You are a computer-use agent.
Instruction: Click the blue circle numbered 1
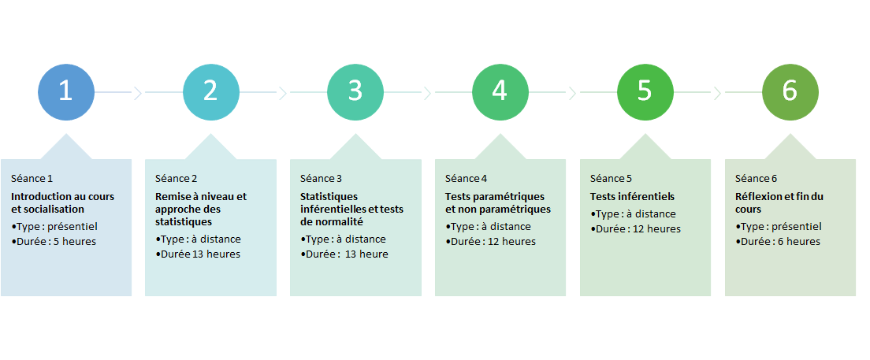pos(65,91)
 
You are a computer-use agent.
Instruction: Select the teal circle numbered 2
pos(211,91)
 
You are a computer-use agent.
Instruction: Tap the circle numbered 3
pos(355,91)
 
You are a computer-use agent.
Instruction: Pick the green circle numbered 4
pos(500,91)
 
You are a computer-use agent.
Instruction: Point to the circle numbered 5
pos(645,91)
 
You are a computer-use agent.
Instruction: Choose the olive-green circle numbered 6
pos(790,91)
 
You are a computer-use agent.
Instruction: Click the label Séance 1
pos(32,179)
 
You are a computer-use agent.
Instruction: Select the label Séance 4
pos(466,179)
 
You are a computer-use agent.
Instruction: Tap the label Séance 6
pos(757,179)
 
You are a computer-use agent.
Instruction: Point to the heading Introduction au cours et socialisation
pos(63,203)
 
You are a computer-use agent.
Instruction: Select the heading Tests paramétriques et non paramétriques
pos(498,203)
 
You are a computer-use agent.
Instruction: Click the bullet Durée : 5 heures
pos(54,242)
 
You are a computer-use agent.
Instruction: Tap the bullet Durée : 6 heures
pos(778,242)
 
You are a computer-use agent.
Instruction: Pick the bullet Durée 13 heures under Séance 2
pos(198,254)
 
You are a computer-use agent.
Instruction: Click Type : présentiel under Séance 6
pos(779,226)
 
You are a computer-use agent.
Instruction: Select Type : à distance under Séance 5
pos(633,214)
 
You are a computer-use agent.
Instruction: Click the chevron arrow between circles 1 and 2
pos(138,93)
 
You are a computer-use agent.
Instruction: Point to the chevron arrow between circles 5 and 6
pos(717,93)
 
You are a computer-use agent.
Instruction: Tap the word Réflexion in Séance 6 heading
pos(756,196)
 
